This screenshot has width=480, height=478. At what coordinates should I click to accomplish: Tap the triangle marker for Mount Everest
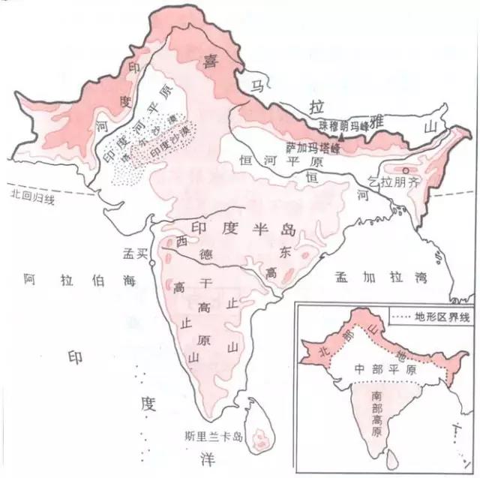pos(340,139)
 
